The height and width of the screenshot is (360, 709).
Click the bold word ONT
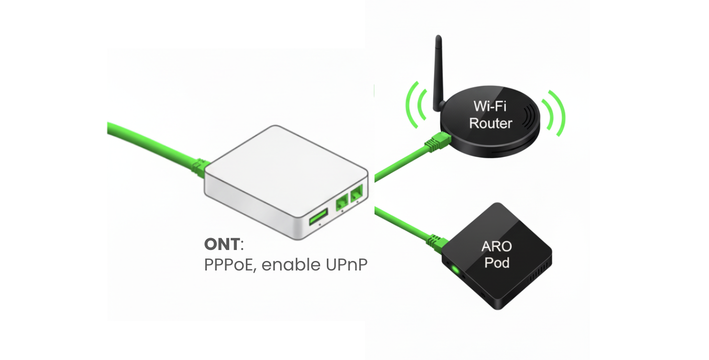coord(222,244)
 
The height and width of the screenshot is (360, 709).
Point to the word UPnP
coord(347,265)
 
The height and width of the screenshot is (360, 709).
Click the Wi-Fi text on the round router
coord(490,106)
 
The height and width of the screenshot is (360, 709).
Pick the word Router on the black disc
coord(490,123)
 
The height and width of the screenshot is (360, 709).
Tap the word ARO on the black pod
coord(496,247)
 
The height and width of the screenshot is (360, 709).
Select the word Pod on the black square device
coord(496,262)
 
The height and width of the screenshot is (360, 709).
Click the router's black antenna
coord(437,71)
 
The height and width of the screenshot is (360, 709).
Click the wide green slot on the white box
coord(318,217)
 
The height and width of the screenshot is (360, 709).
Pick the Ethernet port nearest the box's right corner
coord(357,193)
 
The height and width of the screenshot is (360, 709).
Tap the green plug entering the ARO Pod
coord(436,240)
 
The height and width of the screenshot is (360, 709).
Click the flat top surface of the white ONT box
coord(281,164)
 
